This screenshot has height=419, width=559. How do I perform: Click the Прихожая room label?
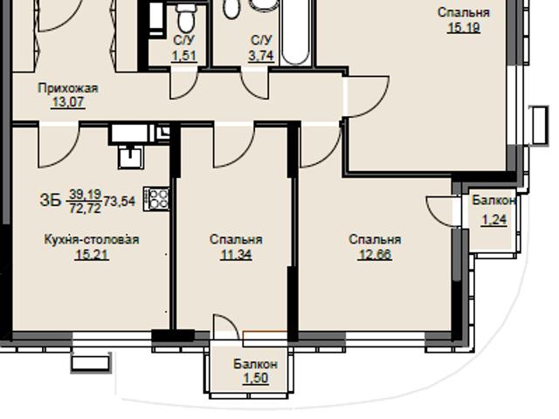click(68, 87)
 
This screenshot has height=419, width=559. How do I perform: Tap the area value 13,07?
click(68, 102)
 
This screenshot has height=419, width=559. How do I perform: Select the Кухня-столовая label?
click(92, 239)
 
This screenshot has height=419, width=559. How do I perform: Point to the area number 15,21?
click(92, 254)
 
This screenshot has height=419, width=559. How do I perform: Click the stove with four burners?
click(156, 198)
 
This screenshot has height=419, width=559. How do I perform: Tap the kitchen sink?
click(131, 157)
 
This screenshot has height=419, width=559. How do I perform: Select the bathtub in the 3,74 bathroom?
click(295, 32)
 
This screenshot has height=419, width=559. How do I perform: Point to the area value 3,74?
click(261, 56)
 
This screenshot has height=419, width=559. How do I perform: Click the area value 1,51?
click(184, 56)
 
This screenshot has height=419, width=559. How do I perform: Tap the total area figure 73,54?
click(120, 202)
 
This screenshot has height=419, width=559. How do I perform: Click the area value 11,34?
click(236, 254)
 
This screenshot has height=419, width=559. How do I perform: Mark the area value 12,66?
click(375, 254)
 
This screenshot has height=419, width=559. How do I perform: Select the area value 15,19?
click(464, 27)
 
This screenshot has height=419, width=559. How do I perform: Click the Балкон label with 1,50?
click(256, 364)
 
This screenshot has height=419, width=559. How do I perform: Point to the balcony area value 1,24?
click(494, 220)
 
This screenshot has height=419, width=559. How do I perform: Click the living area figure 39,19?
click(86, 194)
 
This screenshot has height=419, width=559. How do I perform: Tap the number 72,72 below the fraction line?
click(86, 208)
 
